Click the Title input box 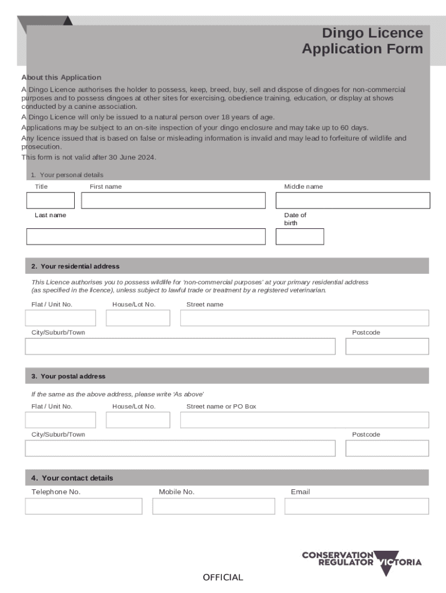[50, 200]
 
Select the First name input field [173, 200]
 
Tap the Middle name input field [352, 200]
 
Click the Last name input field [145, 236]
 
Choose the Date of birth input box [299, 236]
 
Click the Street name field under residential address [304, 318]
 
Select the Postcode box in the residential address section [387, 346]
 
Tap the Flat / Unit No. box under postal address [60, 420]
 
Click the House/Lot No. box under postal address [138, 420]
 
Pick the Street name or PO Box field [304, 420]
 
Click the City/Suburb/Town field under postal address [180, 448]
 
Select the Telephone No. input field [83, 506]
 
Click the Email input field [356, 506]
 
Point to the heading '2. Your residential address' [75, 266]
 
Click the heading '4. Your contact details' [72, 478]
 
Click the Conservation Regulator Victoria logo [361, 562]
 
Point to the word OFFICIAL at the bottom [223, 577]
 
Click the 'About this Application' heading [61, 78]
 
